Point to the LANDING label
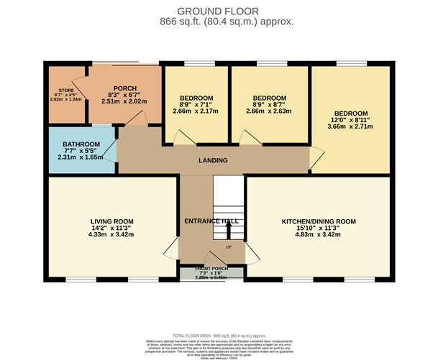213,160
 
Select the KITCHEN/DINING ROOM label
319,221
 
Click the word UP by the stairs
229,248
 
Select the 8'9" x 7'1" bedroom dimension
196,104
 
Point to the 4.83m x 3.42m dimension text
319,234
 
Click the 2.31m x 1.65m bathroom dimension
81,157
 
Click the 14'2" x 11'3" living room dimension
112,228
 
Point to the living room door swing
171,250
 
